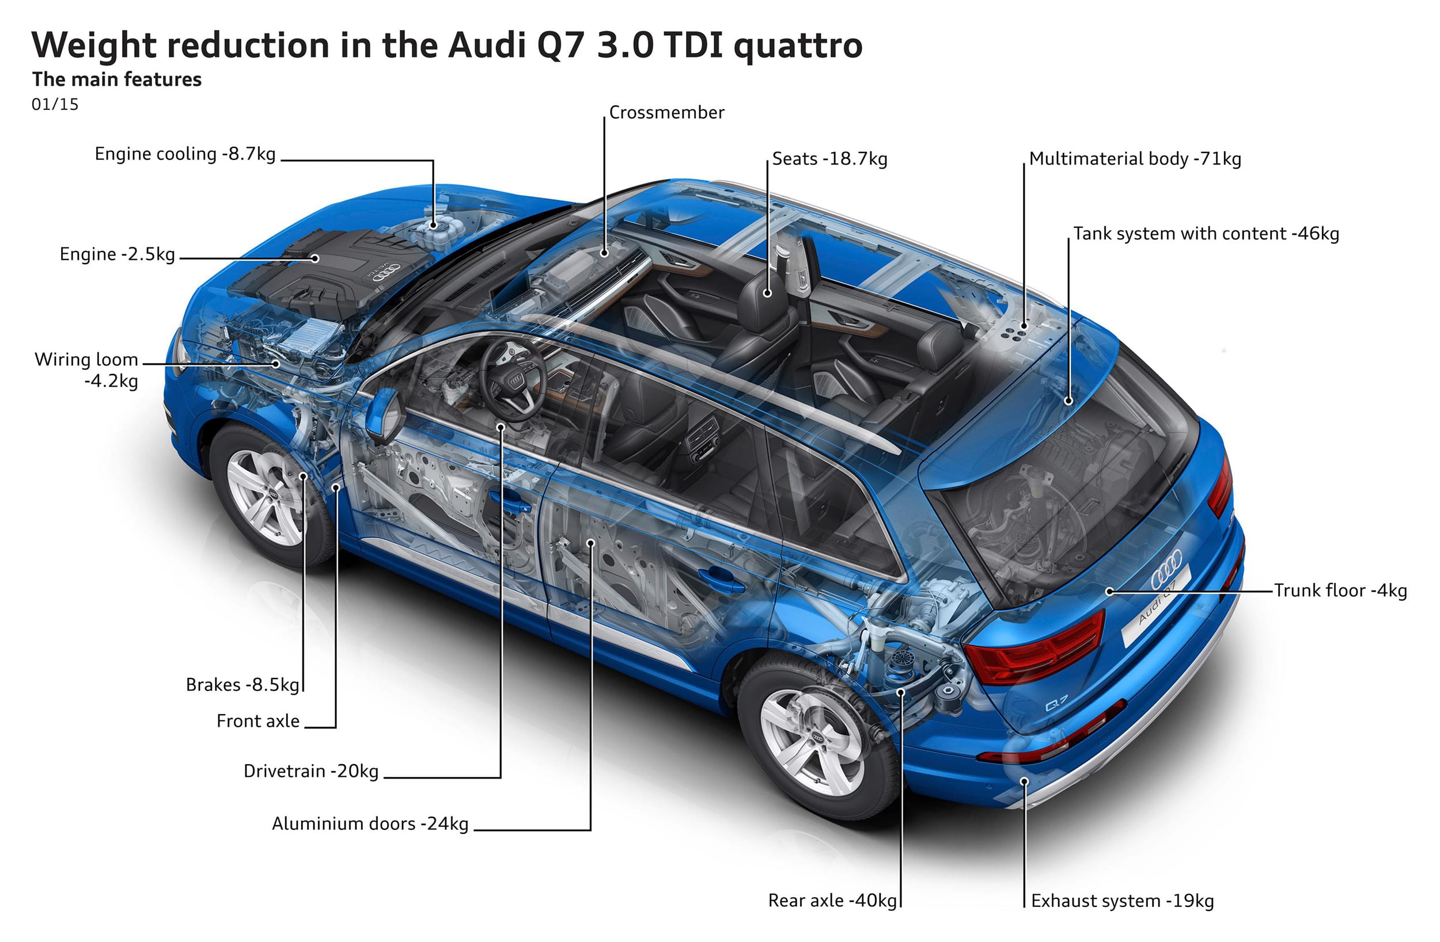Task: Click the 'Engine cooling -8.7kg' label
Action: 184,154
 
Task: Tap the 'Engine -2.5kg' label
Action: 117,254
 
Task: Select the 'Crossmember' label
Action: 666,112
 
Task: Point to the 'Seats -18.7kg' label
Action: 829,159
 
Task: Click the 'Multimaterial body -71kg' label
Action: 1135,159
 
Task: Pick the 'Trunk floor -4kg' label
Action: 1340,591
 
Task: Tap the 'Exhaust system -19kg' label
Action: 1123,902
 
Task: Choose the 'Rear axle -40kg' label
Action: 832,901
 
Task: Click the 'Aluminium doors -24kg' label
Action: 370,824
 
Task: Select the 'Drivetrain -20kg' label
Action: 311,772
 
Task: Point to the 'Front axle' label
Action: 257,721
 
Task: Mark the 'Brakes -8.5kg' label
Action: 242,685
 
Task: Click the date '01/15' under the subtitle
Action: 55,105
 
